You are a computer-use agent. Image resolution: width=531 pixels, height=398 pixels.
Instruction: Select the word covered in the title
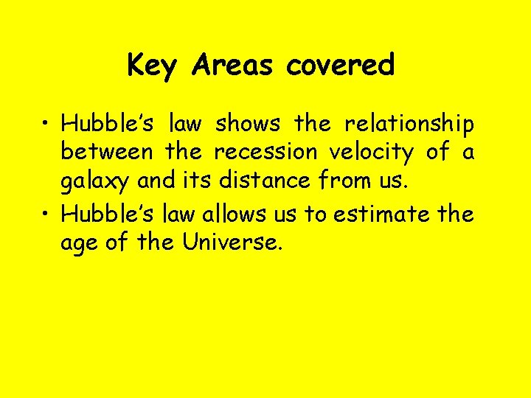coord(341,66)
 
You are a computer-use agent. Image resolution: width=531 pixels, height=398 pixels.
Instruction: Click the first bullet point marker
coord(48,123)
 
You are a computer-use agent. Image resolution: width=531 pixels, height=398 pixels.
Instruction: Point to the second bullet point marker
coord(48,214)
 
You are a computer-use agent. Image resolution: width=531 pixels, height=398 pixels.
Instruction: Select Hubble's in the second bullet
coord(107,214)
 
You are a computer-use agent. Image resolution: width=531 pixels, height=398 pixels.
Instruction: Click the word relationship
coord(409,124)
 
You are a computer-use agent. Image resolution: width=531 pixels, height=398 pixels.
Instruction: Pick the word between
coord(107,153)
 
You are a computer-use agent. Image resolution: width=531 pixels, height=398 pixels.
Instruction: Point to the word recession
coord(265,153)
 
